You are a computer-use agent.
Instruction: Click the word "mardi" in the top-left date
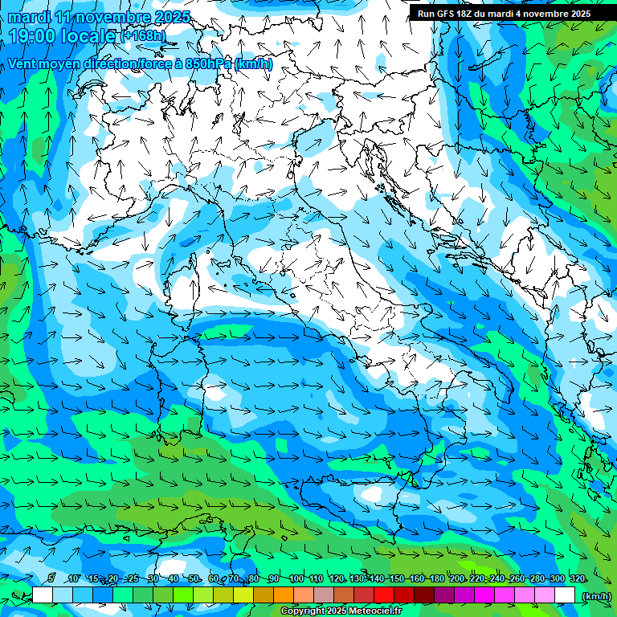point(29,18)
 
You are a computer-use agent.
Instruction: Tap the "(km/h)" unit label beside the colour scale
point(595,595)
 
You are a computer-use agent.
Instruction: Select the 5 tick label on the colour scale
point(51,578)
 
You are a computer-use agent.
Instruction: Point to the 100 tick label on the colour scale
point(296,578)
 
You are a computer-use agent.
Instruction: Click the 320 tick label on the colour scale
point(577,578)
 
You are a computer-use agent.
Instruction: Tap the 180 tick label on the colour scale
point(436,578)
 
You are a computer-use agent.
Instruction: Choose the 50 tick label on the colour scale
point(194,578)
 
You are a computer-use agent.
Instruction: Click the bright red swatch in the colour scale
point(384,595)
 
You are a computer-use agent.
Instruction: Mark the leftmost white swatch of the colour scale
point(43,595)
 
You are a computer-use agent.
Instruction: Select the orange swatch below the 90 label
point(284,595)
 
